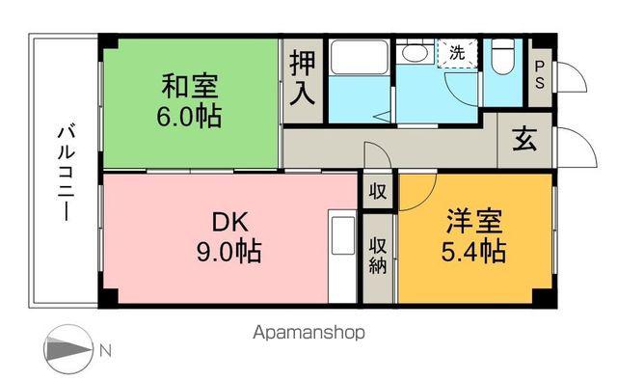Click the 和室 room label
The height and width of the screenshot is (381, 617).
[189, 86]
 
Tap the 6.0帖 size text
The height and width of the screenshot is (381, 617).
[189, 117]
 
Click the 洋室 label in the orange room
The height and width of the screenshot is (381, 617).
[474, 221]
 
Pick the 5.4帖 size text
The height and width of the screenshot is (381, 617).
[474, 252]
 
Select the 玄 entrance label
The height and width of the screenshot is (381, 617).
[524, 140]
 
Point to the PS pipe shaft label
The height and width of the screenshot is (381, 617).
[540, 74]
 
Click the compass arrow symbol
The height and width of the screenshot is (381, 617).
[67, 348]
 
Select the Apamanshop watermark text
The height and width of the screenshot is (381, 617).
[308, 333]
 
